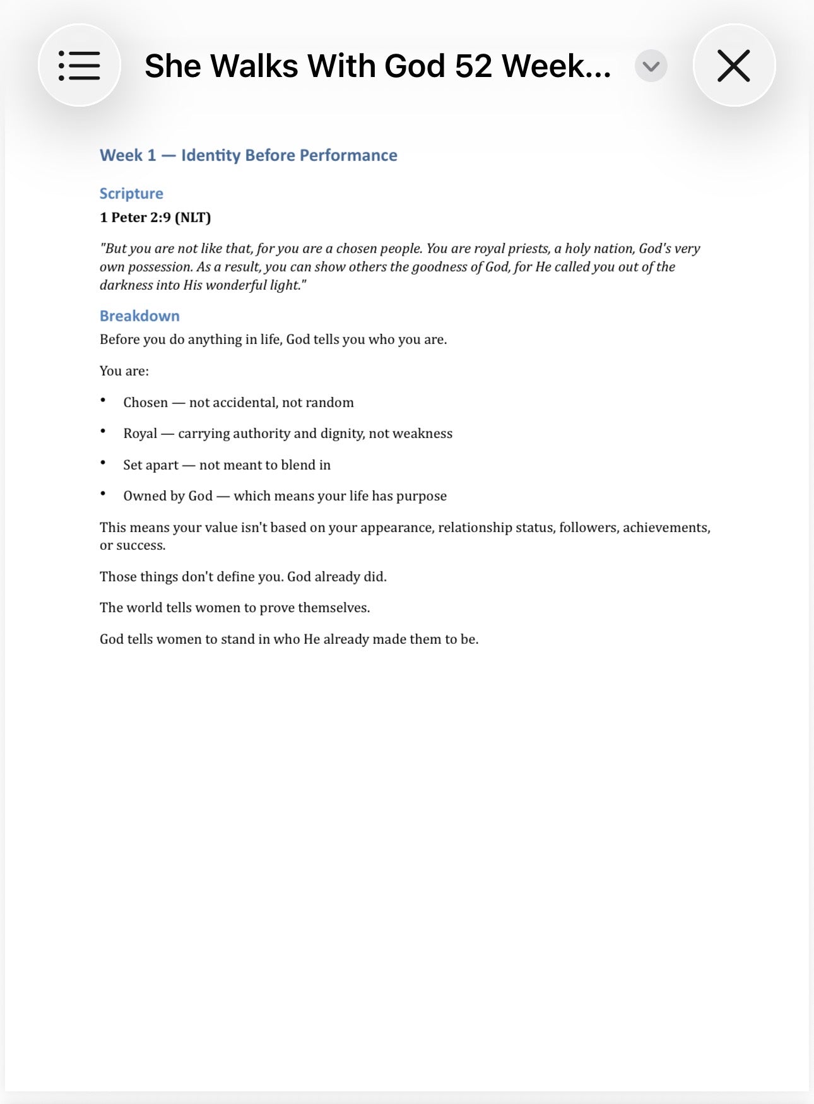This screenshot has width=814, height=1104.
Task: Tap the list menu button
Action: pos(80,65)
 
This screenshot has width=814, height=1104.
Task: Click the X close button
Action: pos(733,65)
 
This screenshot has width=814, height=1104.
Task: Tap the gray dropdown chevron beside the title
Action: pos(651,66)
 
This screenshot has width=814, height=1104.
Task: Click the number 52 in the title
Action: pos(473,66)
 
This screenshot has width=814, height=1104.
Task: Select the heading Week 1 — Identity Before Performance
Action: pos(248,155)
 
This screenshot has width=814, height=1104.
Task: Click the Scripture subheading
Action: pos(131,193)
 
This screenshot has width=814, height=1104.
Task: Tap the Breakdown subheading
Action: pos(139,316)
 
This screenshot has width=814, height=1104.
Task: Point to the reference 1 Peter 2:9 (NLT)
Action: pos(155,217)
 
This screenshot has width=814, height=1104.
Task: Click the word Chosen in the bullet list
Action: pos(146,403)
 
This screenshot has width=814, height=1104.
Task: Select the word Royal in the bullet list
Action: pos(140,434)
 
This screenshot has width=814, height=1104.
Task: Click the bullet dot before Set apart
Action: pos(103,463)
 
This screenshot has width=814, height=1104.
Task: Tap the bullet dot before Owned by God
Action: pos(103,494)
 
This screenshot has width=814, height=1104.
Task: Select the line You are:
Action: pos(124,371)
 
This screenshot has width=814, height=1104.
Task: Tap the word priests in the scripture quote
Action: pos(528,249)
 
